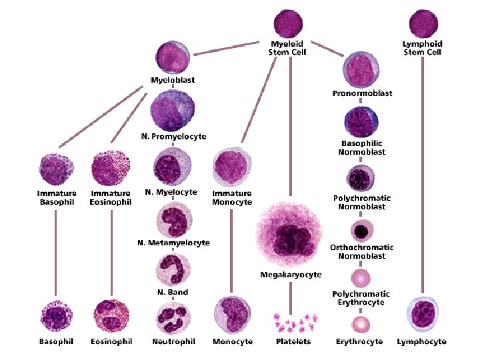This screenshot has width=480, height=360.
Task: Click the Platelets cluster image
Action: pyautogui.click(x=292, y=323)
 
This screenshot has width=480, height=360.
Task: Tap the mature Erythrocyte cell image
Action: pyautogui.click(x=361, y=325)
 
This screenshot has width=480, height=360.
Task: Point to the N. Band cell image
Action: pyautogui.click(x=173, y=271)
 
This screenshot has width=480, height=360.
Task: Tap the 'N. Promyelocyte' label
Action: pyautogui.click(x=173, y=137)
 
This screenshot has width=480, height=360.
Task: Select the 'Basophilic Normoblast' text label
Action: pyautogui.click(x=363, y=147)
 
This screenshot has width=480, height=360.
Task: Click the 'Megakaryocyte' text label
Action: pyautogui.click(x=291, y=275)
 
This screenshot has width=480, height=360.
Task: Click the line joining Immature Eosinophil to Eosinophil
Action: pyautogui.click(x=111, y=250)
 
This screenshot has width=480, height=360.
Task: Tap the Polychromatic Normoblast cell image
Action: pyautogui.click(x=361, y=179)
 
